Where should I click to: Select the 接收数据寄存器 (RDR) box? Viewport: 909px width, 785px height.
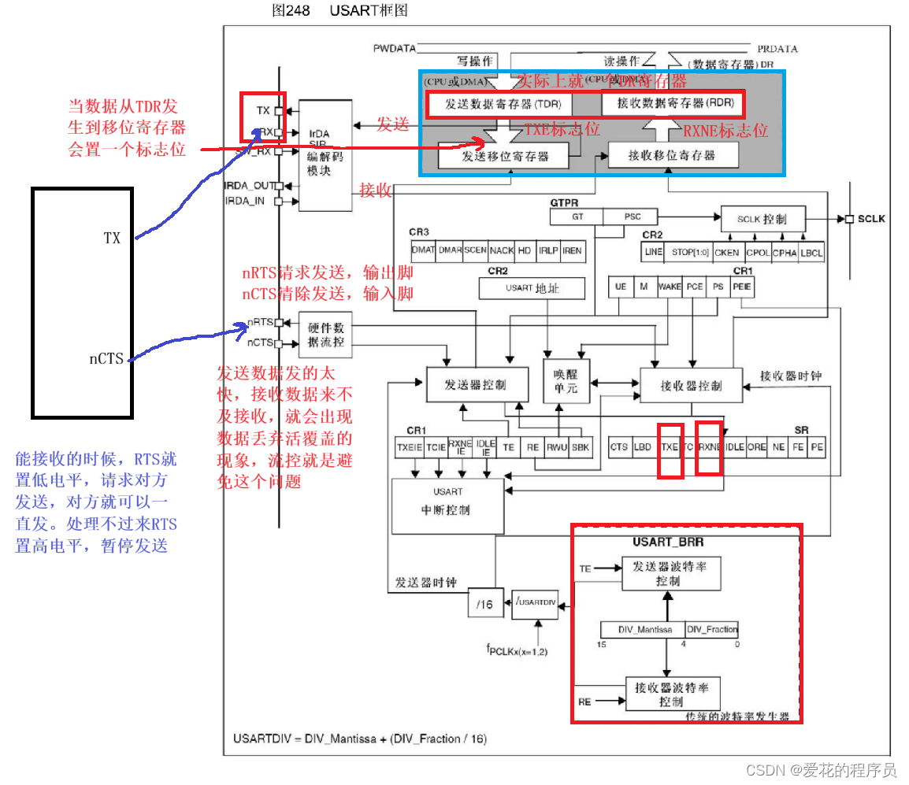click(671, 104)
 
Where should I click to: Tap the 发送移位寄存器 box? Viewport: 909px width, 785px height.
click(504, 156)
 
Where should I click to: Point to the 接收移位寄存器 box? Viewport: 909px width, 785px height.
click(672, 155)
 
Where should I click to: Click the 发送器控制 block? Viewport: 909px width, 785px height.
click(475, 384)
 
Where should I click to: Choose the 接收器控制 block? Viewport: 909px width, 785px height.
click(691, 385)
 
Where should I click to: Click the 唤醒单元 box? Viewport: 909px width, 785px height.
click(566, 381)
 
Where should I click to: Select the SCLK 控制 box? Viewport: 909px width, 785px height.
click(762, 219)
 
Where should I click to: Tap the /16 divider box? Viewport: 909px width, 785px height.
click(485, 603)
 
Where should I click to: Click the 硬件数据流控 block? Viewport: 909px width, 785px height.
click(325, 335)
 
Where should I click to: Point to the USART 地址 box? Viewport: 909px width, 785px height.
click(532, 288)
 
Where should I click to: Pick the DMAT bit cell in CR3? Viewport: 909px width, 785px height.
click(423, 250)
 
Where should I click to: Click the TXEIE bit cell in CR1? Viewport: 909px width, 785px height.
click(410, 447)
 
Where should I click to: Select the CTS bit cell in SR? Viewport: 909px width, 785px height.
click(619, 446)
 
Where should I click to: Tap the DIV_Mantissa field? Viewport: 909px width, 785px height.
click(641, 629)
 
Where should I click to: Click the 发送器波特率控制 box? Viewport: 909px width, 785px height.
click(670, 572)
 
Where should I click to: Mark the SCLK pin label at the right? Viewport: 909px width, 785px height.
click(871, 218)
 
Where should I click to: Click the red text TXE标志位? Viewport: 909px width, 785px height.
click(562, 130)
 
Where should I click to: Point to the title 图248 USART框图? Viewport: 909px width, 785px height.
click(339, 10)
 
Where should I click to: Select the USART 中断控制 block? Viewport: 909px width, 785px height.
click(447, 501)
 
